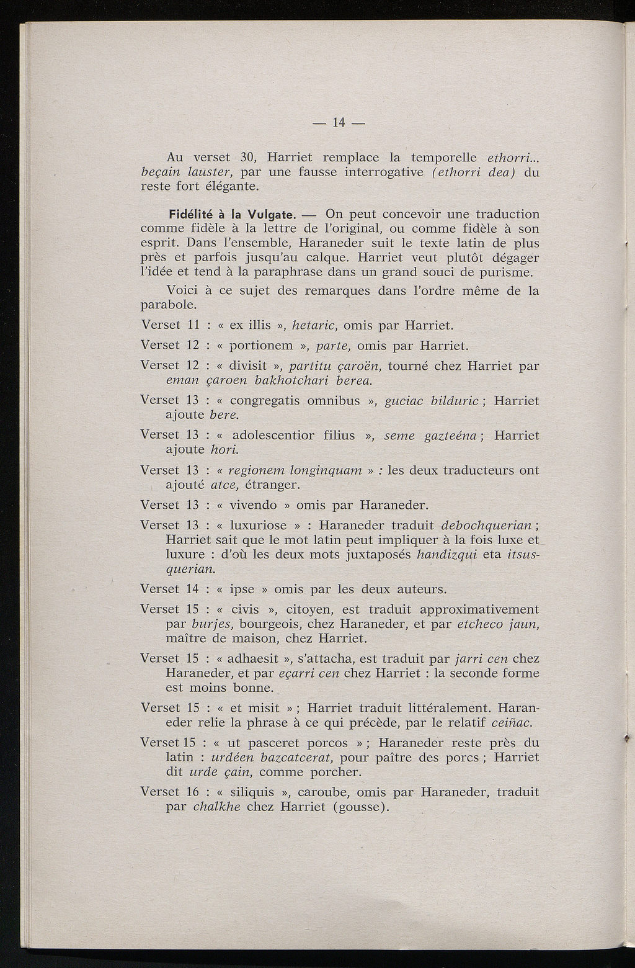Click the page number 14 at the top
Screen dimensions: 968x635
pos(338,123)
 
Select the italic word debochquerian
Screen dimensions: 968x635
pos(482,525)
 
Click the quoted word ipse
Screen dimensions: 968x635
pos(242,589)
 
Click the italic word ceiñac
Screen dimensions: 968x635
pos(512,723)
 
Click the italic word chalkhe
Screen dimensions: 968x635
pos(217,807)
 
